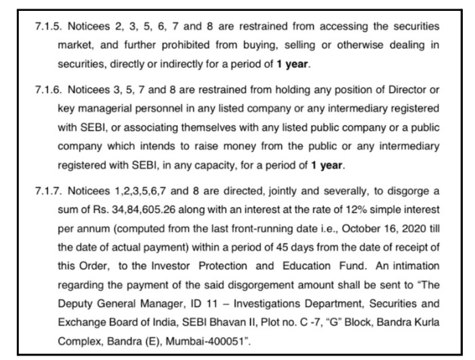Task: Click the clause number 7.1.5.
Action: pyautogui.click(x=48, y=26)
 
